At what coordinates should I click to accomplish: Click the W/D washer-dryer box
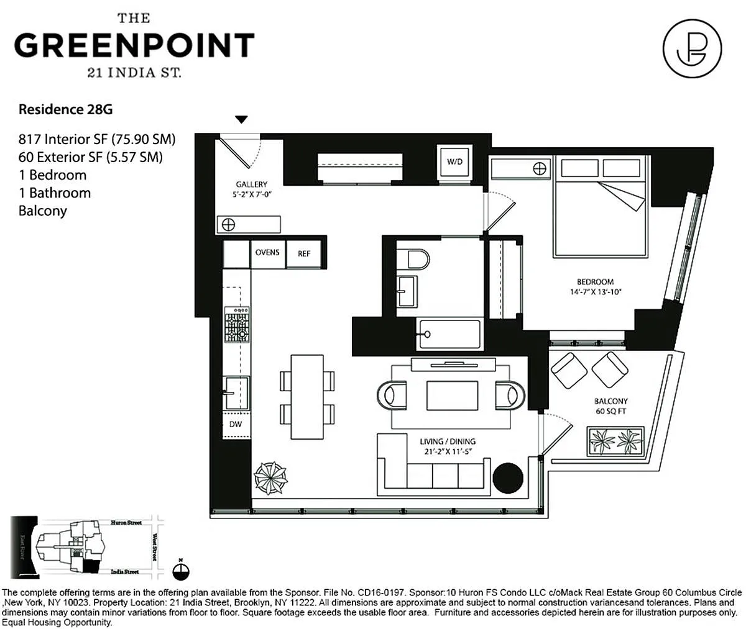coord(455,162)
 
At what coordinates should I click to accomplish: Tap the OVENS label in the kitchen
coord(267,253)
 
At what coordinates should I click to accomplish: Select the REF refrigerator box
coord(304,254)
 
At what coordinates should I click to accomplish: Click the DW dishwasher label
coord(236,425)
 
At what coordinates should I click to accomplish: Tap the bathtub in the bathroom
coord(449,335)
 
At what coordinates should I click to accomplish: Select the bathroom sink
coord(408,291)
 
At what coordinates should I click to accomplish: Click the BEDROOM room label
coord(594,282)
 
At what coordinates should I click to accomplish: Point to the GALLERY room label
coord(251,184)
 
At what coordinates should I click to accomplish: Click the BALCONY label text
coord(610,401)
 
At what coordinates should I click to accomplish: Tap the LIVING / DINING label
coord(448,441)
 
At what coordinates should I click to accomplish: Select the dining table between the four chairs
coord(307,396)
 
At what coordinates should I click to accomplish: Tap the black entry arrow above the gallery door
coord(242,120)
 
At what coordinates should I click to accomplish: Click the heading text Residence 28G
coord(65,110)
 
